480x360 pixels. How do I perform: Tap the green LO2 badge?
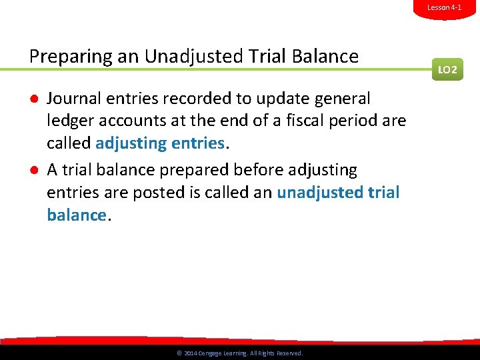click(447, 69)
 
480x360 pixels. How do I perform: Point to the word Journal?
click(71, 99)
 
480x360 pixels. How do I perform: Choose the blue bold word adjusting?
click(131, 143)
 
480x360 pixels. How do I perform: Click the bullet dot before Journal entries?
click(33, 99)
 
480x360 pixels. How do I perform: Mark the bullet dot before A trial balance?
click(33, 171)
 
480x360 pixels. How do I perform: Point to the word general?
click(340, 99)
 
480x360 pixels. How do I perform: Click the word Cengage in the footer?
click(212, 353)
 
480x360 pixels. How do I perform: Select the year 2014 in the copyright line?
click(189, 353)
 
